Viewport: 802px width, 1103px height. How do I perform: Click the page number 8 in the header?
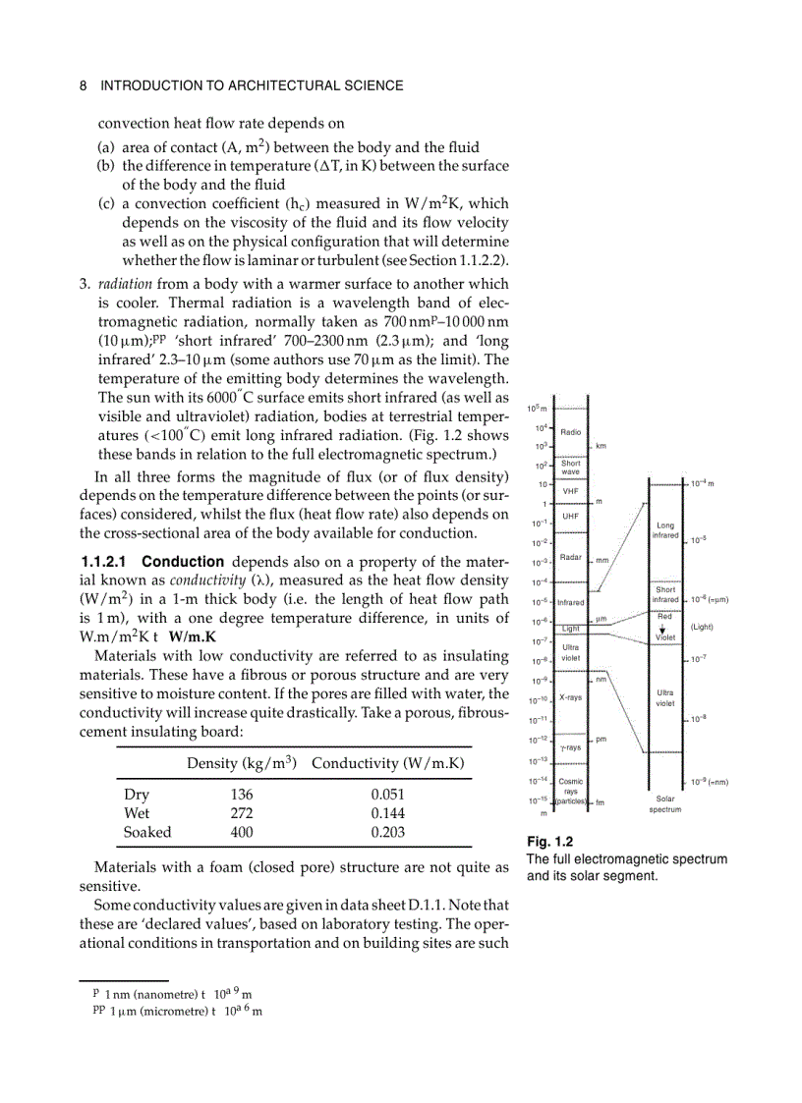pos(83,85)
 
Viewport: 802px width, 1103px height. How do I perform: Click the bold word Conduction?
pos(183,562)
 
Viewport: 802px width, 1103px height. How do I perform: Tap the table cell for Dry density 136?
pos(242,795)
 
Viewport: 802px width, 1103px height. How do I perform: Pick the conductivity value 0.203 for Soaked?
pos(388,832)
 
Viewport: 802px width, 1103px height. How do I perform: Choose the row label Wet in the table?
pos(137,813)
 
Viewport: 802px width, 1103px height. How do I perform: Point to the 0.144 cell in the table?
pos(388,813)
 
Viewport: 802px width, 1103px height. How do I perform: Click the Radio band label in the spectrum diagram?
pos(570,431)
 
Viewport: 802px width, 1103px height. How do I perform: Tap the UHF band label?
pos(570,516)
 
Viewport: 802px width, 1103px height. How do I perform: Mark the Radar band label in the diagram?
pos(570,557)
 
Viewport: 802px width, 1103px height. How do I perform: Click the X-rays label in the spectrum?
pos(570,697)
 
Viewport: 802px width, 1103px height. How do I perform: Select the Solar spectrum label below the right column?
pos(665,804)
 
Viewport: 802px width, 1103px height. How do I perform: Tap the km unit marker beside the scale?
pos(601,446)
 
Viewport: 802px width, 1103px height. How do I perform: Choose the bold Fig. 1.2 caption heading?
pos(549,842)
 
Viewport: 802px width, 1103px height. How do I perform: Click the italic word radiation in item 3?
pos(126,284)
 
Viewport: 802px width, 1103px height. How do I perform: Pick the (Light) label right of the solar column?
pos(701,627)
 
